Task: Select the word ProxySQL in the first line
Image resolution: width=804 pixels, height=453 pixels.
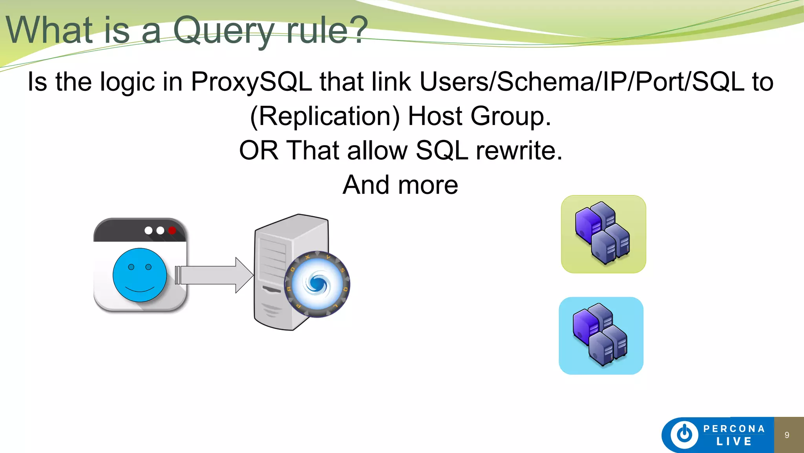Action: [x=251, y=82]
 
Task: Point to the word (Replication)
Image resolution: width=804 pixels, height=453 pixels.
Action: [x=325, y=116]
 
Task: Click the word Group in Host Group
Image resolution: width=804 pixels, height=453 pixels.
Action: [x=511, y=116]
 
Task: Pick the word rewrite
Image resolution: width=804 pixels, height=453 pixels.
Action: [x=519, y=151]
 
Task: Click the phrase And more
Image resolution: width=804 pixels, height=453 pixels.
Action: [x=400, y=185]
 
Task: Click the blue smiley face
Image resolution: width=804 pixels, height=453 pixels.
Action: [x=139, y=275]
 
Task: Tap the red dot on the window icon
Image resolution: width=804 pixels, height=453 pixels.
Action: [x=172, y=230]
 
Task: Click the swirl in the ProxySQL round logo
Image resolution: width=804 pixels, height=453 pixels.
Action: [x=317, y=284]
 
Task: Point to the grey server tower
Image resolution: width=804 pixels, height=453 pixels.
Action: [x=275, y=271]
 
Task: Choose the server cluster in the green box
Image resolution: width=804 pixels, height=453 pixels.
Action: [x=603, y=234]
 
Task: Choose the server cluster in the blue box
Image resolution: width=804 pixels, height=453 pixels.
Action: [x=601, y=335]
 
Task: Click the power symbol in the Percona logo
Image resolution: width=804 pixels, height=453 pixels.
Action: [x=684, y=435]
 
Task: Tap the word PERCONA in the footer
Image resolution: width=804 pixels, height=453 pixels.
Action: [x=734, y=429]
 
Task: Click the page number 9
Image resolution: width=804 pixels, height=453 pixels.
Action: [x=787, y=435]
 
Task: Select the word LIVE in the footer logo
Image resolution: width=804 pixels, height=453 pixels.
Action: [x=734, y=442]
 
